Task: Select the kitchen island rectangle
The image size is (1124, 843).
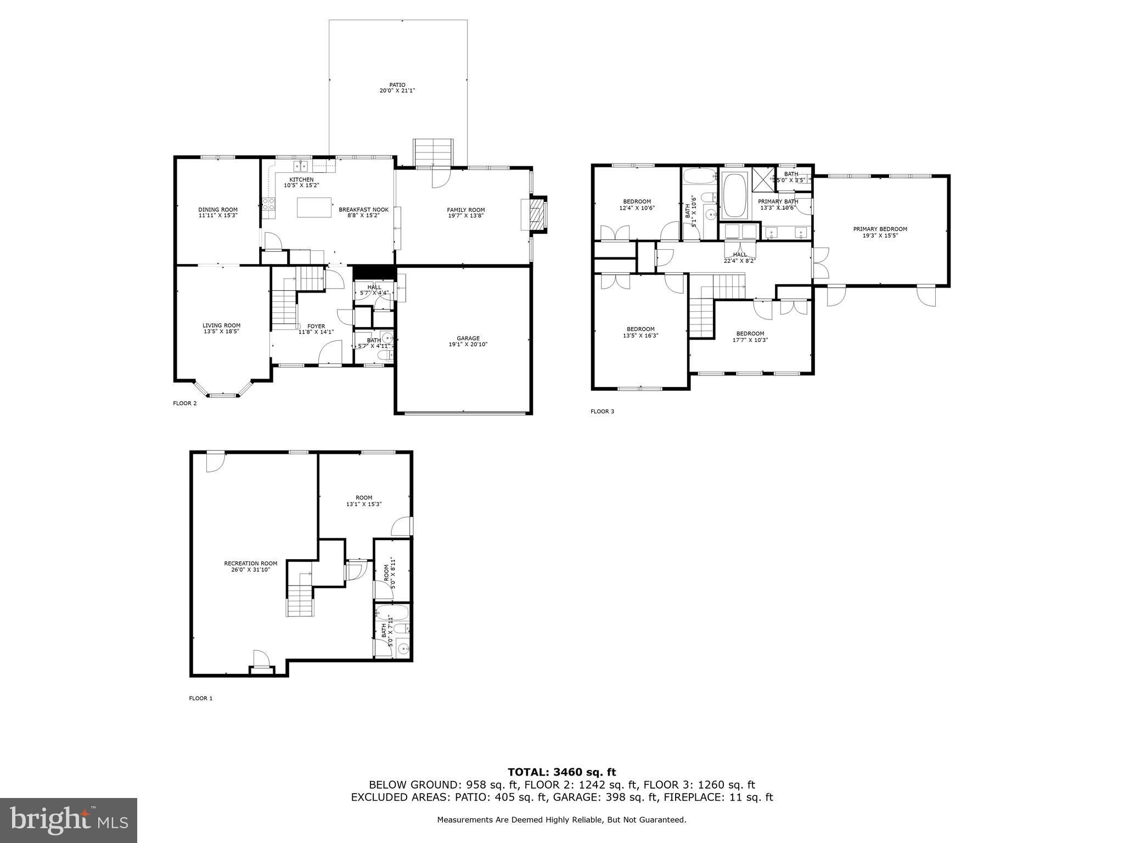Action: click(314, 208)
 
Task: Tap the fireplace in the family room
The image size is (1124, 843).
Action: click(535, 215)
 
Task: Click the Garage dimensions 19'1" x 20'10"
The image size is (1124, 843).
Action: click(468, 345)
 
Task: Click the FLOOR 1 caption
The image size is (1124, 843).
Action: click(200, 698)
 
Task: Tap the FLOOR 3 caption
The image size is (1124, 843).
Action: click(602, 411)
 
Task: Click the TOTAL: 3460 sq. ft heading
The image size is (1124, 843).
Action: click(561, 772)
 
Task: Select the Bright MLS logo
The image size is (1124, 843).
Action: click(69, 820)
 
